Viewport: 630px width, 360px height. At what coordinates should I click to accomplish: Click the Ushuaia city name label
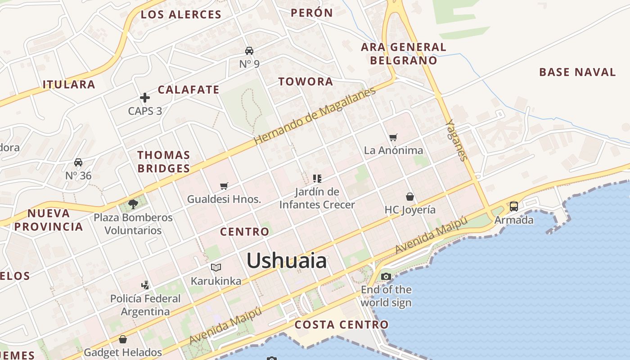coord(287,261)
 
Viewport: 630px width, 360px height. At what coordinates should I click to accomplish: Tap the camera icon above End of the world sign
coord(386,276)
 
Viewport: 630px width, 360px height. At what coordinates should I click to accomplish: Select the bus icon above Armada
coord(513,207)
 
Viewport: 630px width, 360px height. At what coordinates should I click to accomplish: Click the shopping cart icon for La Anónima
coord(393,137)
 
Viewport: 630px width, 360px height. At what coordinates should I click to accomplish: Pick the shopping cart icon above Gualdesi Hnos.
coord(224,186)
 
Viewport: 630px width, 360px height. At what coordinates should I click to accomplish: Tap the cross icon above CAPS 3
coord(145,98)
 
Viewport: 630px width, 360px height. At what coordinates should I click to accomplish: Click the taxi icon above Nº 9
coord(249,51)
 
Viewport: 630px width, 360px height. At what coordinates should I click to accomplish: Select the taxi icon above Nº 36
coord(78,162)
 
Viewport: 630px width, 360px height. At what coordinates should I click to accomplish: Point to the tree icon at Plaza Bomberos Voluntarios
coord(133,204)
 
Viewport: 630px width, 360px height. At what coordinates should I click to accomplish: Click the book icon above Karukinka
coord(216,268)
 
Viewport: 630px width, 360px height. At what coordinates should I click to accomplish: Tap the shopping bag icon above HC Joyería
coord(410,197)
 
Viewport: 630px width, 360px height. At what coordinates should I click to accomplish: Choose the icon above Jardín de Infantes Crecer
coord(317,179)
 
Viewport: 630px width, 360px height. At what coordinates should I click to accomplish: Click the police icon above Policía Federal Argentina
coord(145,285)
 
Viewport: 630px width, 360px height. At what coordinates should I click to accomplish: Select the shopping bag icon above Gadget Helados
coord(123,339)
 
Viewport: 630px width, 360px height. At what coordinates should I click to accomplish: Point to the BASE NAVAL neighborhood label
coord(577,72)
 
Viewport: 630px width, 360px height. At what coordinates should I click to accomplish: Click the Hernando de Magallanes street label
coord(315,116)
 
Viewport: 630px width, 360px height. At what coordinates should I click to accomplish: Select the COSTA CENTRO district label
coord(342,324)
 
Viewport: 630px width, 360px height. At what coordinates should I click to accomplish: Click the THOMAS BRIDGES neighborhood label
coord(164,162)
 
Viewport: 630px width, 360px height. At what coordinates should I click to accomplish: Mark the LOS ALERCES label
coord(181,14)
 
